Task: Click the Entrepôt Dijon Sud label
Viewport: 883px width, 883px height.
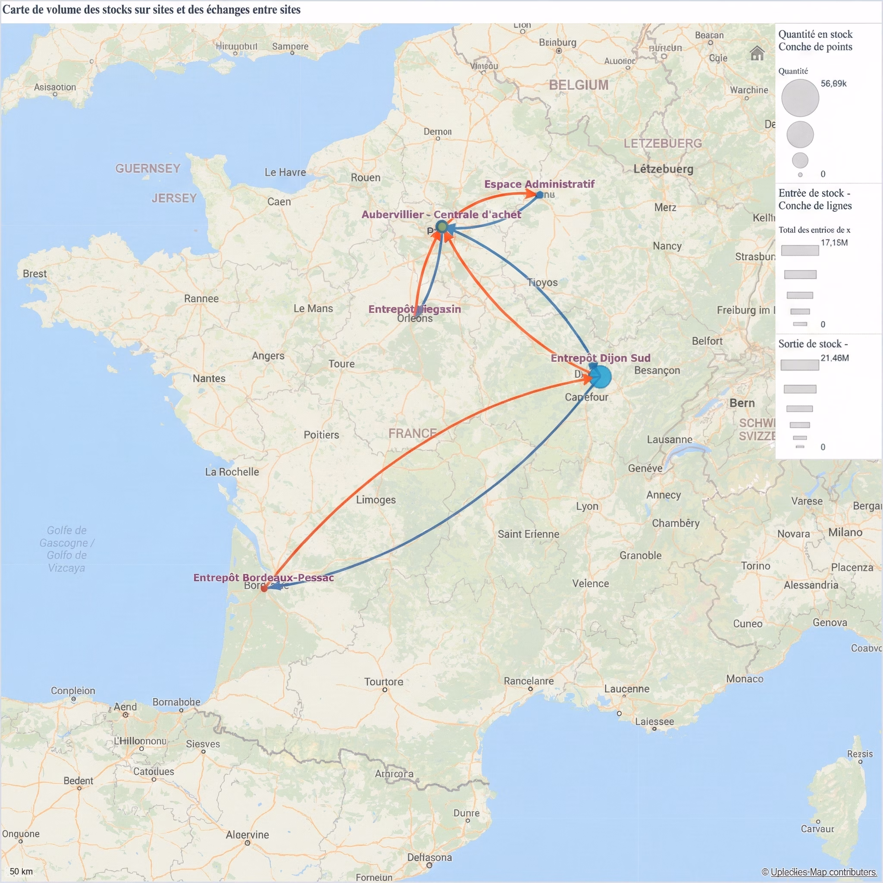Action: [600, 358]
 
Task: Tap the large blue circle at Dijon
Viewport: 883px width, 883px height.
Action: [601, 377]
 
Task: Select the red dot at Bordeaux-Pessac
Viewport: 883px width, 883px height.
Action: [264, 588]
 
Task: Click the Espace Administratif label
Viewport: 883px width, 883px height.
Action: [539, 184]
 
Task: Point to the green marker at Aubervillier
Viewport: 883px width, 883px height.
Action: [441, 226]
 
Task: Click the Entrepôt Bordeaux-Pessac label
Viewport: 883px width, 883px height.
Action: [263, 577]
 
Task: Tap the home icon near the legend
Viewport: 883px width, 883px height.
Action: [757, 53]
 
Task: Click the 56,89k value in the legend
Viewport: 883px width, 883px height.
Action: [833, 83]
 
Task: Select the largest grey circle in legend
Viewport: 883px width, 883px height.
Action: [800, 98]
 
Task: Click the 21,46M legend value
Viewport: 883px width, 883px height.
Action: [835, 358]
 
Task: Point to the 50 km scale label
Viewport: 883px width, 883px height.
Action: [21, 871]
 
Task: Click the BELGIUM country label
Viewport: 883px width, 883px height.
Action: [578, 85]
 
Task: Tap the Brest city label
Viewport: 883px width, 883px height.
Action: [35, 274]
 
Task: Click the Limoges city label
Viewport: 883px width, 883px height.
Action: [376, 500]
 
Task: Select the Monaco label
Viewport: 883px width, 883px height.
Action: [745, 679]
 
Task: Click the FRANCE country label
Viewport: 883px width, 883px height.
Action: [412, 433]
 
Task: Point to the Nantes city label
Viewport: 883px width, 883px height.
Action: [209, 379]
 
